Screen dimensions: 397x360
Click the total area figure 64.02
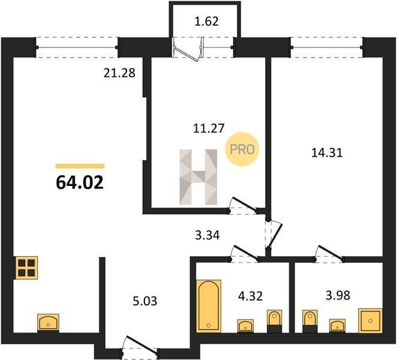80,182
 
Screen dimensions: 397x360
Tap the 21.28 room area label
119,73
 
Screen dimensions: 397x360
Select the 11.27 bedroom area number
209,128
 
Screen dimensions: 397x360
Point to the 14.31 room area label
327,153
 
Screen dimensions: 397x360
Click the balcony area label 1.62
207,21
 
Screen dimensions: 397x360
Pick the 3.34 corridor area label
207,235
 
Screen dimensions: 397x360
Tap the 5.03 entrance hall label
145,301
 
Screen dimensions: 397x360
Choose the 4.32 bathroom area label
251,296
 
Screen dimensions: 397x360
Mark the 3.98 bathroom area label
338,295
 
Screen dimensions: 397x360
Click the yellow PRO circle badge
242,149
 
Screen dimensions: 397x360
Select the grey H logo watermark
198,177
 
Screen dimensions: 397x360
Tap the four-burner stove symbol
26,268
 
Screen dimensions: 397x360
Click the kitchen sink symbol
49,323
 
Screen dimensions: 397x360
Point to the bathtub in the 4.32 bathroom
209,306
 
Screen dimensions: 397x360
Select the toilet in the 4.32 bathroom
275,321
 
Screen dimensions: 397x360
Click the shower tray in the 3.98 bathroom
370,320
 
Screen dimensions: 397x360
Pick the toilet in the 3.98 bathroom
310,321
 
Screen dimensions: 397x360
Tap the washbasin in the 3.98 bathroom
337,326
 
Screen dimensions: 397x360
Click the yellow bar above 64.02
80,166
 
